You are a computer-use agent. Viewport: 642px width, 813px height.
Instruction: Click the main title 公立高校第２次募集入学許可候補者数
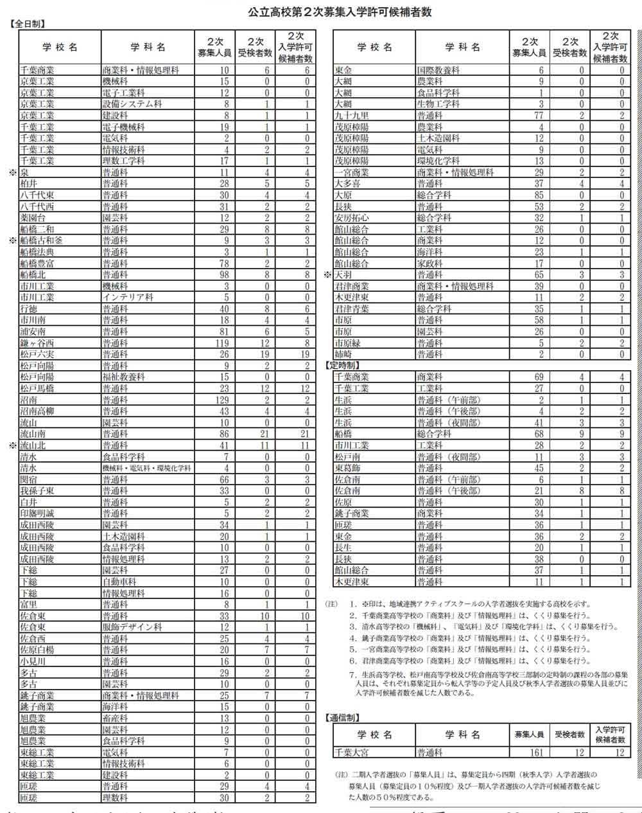(x=340, y=12)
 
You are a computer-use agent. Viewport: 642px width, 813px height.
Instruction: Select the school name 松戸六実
(x=35, y=354)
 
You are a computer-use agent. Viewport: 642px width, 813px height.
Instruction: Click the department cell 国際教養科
(x=438, y=70)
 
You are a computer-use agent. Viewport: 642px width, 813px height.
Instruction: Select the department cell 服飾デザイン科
(x=132, y=627)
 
